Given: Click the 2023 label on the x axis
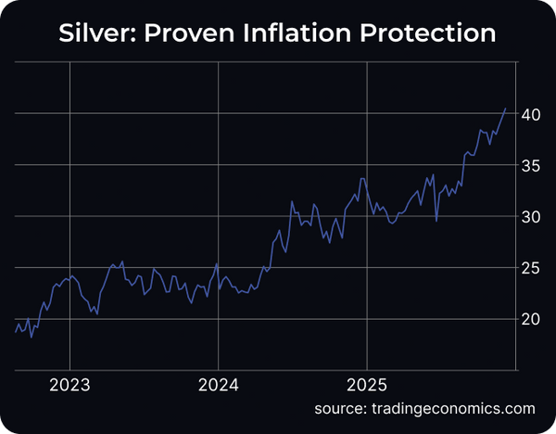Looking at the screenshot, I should pos(69,384).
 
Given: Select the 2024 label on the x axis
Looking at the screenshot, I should pos(218,384).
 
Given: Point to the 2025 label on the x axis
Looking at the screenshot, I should pos(367,384).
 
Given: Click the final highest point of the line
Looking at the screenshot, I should pos(506,108).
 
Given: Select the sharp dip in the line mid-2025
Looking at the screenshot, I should pos(436,220).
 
